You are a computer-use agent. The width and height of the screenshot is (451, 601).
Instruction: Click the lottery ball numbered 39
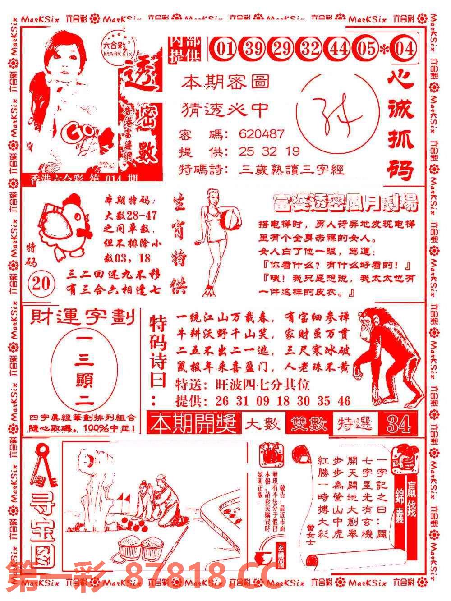tap(253, 48)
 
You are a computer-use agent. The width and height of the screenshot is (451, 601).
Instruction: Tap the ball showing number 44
tap(338, 48)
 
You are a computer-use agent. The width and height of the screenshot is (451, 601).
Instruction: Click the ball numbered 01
tap(225, 48)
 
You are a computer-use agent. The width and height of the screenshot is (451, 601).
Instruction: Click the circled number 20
tap(41, 284)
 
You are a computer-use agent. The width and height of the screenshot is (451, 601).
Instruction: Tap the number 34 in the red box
tap(399, 424)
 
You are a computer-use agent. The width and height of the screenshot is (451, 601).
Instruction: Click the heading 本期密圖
tap(225, 82)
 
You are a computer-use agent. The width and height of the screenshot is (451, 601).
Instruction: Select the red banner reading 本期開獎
tap(193, 424)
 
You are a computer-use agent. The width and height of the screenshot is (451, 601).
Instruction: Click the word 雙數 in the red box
tap(309, 424)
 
